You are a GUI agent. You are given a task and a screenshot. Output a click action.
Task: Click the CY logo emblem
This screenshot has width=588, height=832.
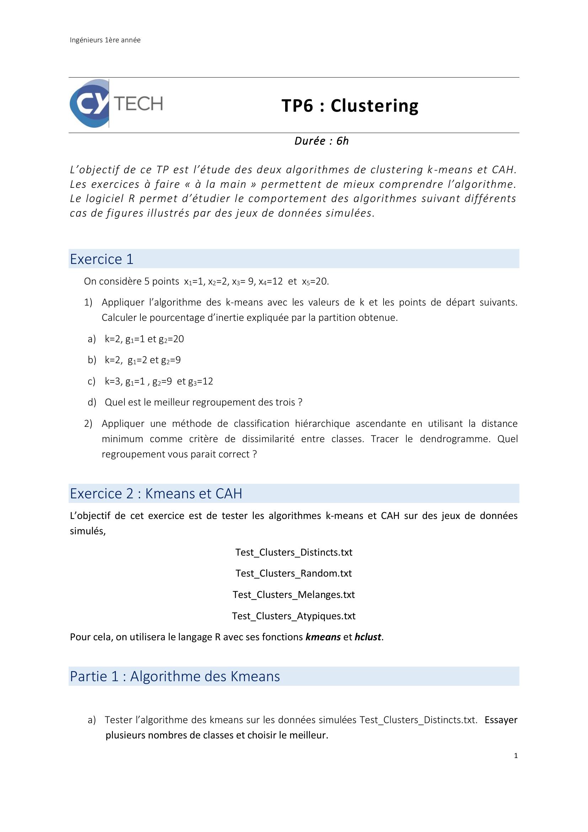coord(89,103)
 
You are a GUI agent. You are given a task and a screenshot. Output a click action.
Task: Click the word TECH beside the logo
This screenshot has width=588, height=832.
coord(139,104)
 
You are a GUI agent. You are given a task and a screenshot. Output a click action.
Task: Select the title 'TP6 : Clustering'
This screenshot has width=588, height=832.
coord(350,106)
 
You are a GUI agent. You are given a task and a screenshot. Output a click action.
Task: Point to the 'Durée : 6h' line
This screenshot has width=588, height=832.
coord(321,141)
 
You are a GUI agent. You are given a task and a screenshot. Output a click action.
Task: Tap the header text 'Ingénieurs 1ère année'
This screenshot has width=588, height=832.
coord(105,40)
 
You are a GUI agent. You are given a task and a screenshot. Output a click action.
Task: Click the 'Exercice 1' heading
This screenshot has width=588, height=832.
coord(102,259)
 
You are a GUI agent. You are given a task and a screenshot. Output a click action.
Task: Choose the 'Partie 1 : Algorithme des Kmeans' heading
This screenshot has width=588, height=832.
coord(175,676)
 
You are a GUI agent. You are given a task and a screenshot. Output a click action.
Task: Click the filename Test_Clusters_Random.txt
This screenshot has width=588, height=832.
coord(294,573)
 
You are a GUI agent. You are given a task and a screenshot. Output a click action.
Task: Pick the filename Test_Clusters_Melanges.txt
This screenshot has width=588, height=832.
coord(294,595)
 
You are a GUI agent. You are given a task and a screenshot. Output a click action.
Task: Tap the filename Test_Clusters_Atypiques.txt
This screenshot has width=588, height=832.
coord(294,616)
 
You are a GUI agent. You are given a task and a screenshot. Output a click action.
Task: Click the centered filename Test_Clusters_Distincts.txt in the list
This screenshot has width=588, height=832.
coord(294,552)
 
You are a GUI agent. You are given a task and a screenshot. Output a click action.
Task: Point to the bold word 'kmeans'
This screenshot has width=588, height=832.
coord(323,637)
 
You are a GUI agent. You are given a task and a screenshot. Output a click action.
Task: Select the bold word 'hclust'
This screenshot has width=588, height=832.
coord(368,637)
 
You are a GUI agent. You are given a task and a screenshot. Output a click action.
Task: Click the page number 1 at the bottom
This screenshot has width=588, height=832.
coord(515,756)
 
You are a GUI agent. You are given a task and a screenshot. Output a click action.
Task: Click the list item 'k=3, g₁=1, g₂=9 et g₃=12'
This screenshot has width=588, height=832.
coord(159,381)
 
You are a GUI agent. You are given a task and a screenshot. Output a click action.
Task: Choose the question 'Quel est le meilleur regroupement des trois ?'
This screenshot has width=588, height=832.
coord(203,402)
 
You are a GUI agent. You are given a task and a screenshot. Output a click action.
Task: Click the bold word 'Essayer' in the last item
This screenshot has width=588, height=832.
coord(501,720)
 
